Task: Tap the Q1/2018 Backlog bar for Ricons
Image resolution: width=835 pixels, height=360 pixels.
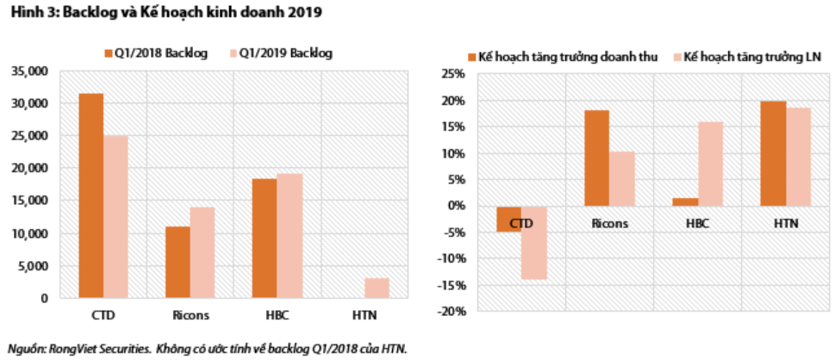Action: pyautogui.click(x=178, y=262)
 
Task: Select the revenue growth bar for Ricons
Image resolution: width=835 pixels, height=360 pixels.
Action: pyautogui.click(x=595, y=158)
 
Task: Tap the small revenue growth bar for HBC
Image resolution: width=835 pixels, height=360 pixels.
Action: pyautogui.click(x=684, y=202)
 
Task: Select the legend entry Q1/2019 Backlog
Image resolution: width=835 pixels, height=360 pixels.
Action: pyautogui.click(x=284, y=53)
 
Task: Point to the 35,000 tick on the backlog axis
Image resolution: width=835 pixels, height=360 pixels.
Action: pyautogui.click(x=31, y=71)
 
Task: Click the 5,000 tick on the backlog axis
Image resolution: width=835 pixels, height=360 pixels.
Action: pyautogui.click(x=34, y=266)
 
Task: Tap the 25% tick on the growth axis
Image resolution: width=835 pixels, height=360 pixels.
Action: pyautogui.click(x=454, y=74)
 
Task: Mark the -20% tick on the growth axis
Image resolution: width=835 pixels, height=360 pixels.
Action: pyautogui.click(x=452, y=311)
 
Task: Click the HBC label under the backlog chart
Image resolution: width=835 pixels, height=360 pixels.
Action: pyautogui.click(x=276, y=314)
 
